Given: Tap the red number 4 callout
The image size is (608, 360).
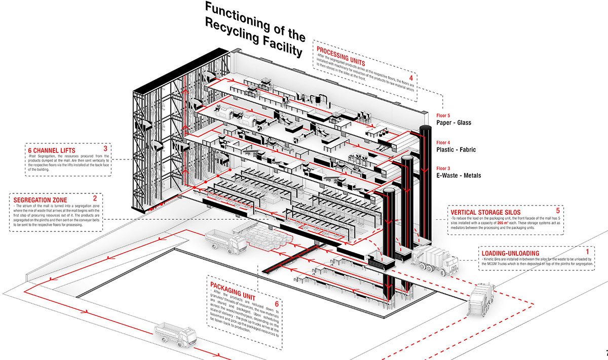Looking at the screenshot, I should point(411,78).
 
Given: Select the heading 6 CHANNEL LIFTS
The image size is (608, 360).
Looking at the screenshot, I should point(51,149).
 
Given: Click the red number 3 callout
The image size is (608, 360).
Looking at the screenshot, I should point(104,148).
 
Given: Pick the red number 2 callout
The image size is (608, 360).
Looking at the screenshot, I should point(95,199).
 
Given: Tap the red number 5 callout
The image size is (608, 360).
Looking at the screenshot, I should point(558,210).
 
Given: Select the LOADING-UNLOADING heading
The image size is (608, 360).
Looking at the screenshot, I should point(510,253).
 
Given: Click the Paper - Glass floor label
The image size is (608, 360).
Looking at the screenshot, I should point(454,123).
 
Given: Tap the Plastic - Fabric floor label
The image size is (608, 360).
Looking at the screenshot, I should point(456,149).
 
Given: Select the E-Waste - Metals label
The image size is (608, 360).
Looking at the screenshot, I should point(459,176).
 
